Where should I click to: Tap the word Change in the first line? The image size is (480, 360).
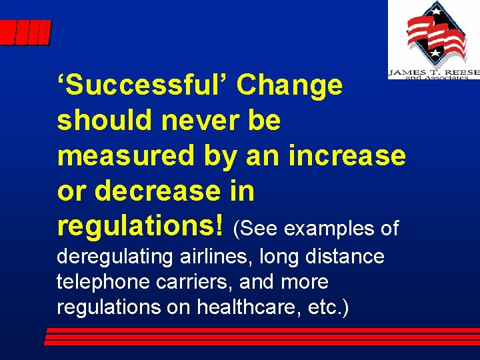coord(289,85)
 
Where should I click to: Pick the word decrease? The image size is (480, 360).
coord(155,191)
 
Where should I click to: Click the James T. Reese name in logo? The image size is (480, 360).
coord(433,72)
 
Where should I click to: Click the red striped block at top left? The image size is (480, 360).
coord(25,33)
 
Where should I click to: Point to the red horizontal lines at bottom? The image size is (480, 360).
coord(260,337)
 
